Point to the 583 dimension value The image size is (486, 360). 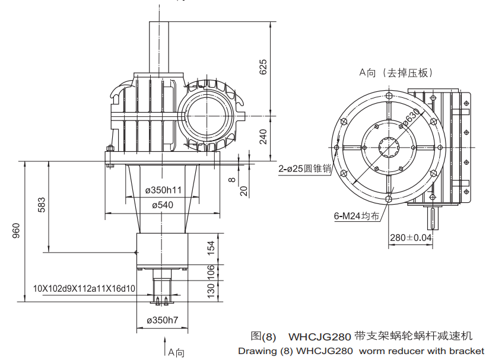41,205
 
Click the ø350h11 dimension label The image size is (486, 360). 163,190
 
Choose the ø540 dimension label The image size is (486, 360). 163,205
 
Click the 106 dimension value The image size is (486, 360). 210,272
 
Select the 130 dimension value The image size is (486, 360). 210,290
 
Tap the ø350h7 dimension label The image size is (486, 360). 163,320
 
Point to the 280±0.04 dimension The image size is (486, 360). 411,238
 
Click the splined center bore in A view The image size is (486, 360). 390,148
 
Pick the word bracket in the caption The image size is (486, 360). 467,351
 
